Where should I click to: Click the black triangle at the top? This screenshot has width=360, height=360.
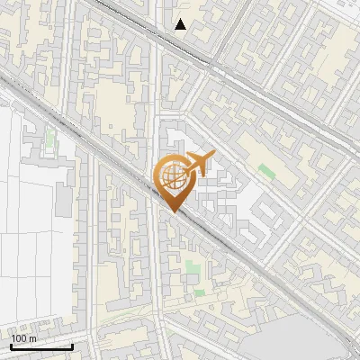coord(181,24)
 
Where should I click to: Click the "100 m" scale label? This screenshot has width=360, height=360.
coord(23,338)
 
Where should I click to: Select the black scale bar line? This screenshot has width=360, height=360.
coord(41,346)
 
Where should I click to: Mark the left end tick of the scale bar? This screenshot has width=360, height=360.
coord(11,345)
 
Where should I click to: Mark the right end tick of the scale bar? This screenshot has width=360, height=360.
coord(72,345)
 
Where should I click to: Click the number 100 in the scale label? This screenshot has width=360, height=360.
coord(19,338)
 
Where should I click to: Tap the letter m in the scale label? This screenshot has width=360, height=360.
coord(32,338)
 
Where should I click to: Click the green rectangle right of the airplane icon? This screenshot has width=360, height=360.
coord(265,170)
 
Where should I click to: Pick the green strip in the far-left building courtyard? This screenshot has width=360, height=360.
coord(50,139)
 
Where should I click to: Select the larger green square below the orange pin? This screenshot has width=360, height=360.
coord(191,267)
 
